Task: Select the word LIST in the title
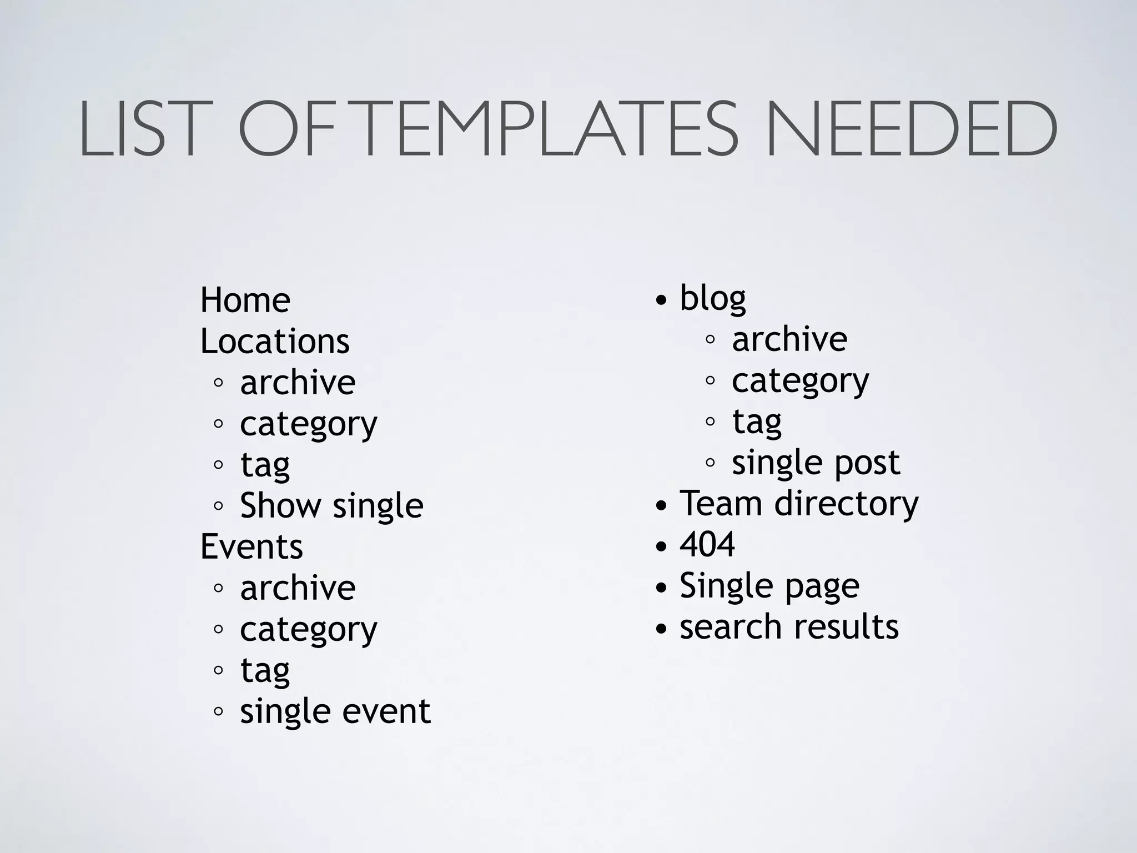coord(139,129)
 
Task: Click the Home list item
coord(245,300)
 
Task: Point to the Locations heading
coord(275,341)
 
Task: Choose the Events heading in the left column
coord(251,546)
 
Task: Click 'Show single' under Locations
coord(331,505)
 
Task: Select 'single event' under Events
coord(335,711)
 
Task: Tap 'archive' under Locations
coord(298,382)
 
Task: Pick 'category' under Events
coord(308,630)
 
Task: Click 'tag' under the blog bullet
coord(756,422)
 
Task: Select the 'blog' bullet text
coord(713,299)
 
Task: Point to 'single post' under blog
coord(816,463)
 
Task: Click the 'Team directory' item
coord(799,504)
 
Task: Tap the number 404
coord(707,544)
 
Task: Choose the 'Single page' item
coord(769,586)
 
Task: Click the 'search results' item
coord(789,627)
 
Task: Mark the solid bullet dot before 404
coord(661,546)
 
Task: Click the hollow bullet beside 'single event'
coord(218,711)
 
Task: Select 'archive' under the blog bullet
coord(789,339)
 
